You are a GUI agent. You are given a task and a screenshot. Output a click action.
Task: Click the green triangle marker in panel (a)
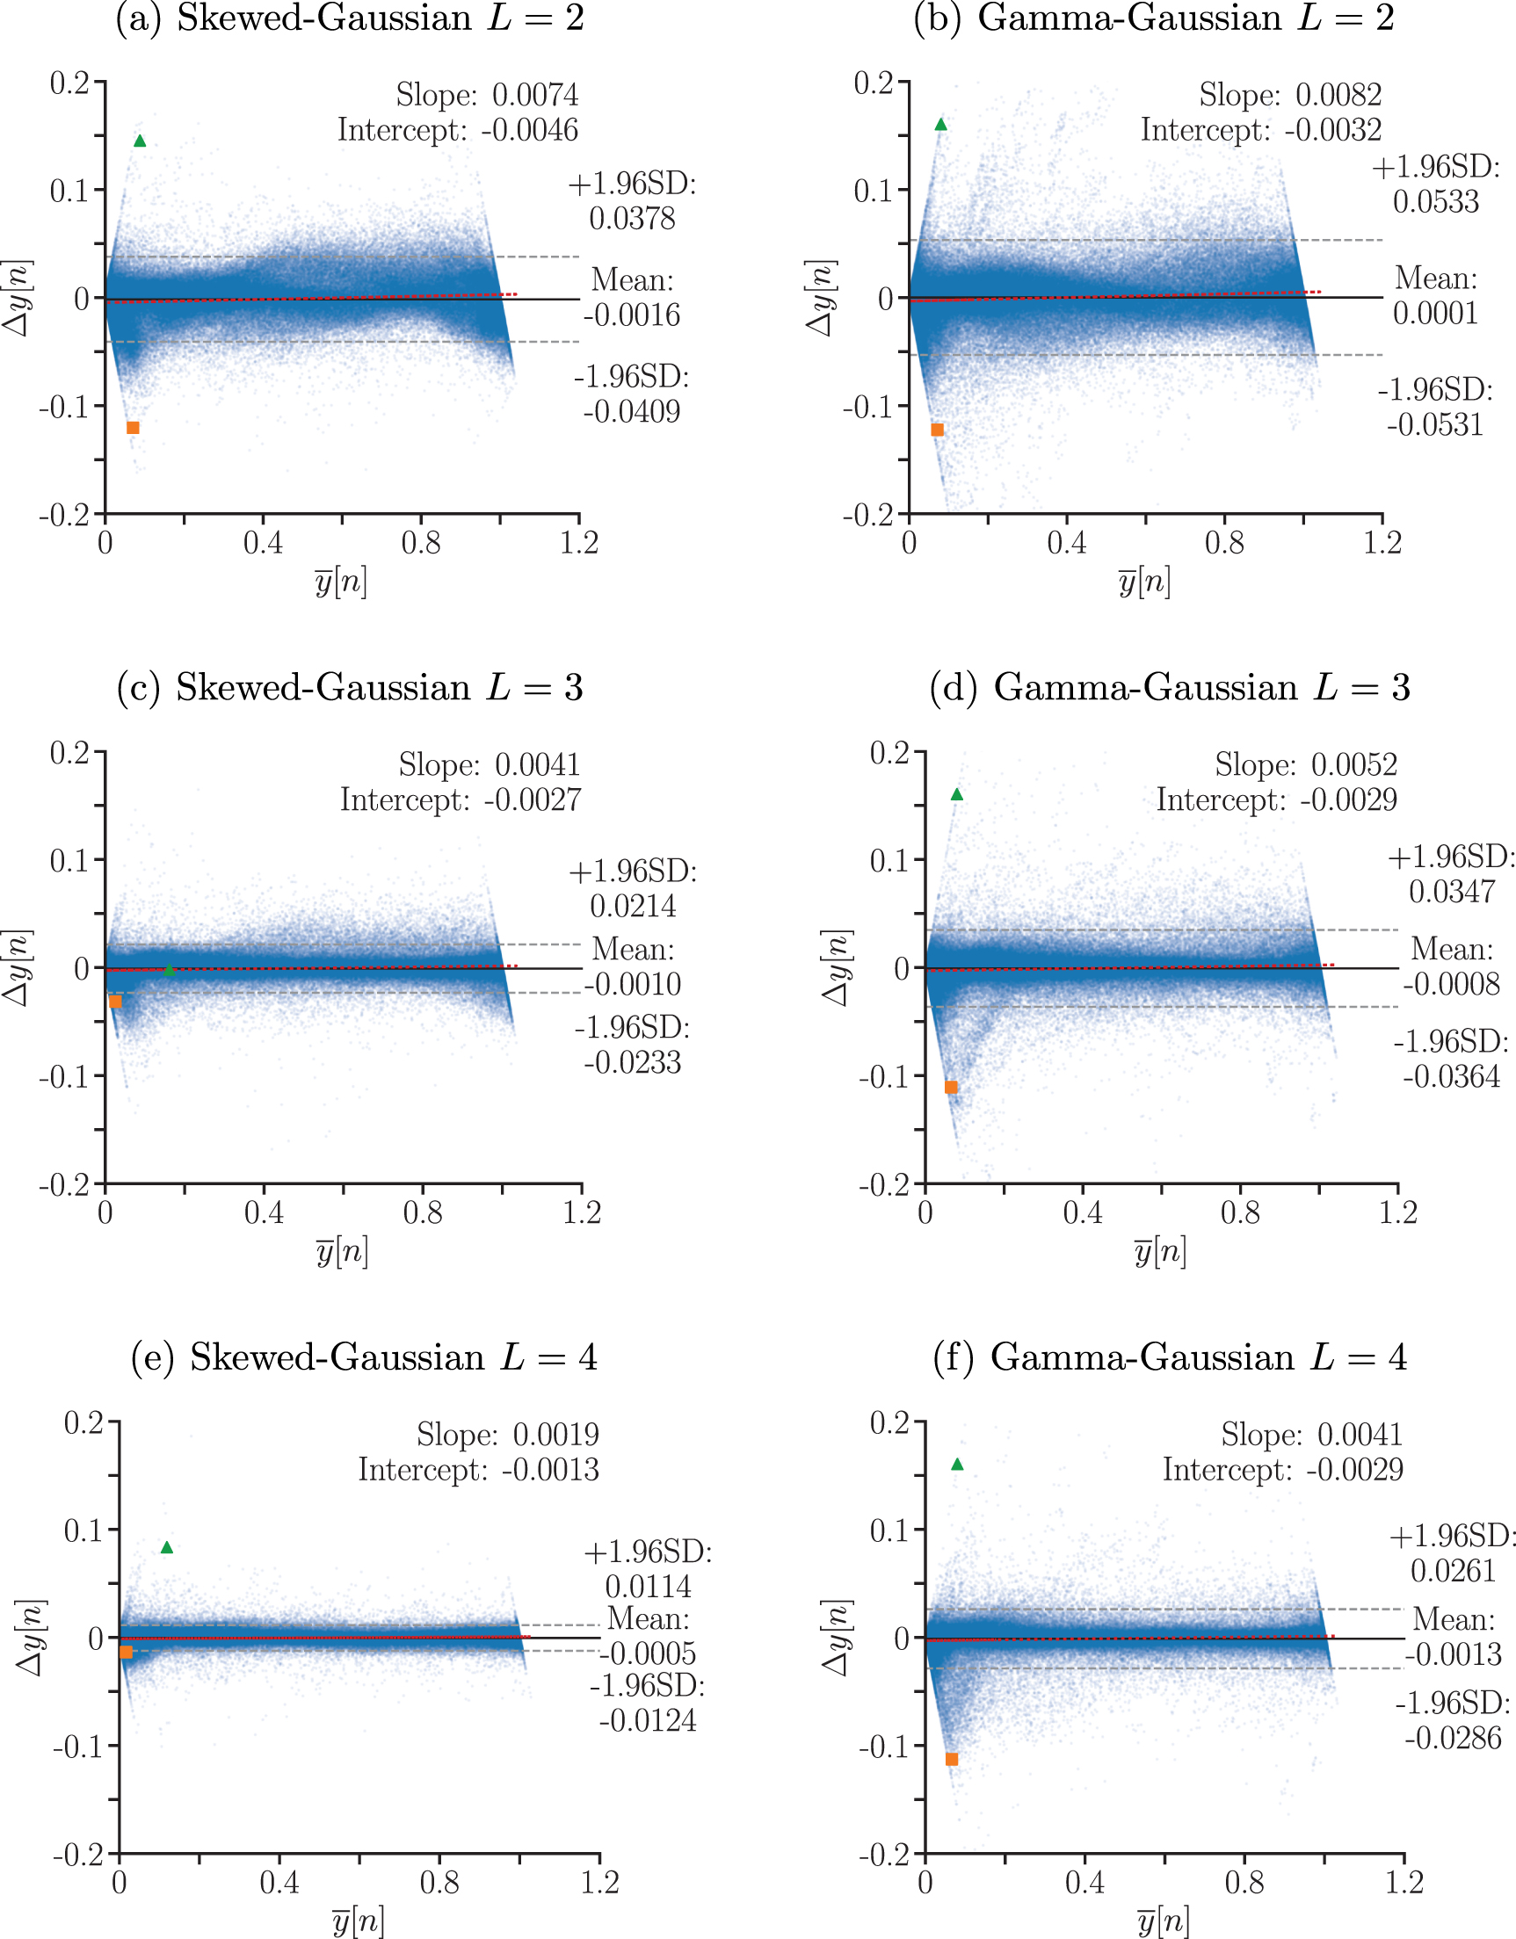tap(140, 141)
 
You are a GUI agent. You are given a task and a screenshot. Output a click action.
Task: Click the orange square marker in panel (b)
tap(937, 430)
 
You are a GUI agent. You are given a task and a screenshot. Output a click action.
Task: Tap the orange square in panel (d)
tap(951, 1088)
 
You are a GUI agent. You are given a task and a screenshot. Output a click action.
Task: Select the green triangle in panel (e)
tap(167, 1548)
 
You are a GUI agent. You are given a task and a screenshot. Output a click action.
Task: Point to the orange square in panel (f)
tap(952, 1760)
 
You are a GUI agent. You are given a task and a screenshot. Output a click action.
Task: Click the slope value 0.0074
tap(534, 95)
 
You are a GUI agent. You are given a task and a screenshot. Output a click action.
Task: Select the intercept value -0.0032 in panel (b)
tap(1332, 131)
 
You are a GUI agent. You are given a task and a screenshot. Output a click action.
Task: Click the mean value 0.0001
tap(1435, 314)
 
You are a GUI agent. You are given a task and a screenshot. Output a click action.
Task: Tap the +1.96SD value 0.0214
tap(633, 907)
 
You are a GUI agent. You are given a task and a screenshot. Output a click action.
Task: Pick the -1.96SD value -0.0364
tap(1451, 1077)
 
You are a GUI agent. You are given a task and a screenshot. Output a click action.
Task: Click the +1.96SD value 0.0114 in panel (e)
tap(648, 1587)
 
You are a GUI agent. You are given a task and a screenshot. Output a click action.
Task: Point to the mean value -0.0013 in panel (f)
tap(1453, 1655)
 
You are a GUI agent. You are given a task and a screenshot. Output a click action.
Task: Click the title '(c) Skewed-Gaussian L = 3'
tap(350, 688)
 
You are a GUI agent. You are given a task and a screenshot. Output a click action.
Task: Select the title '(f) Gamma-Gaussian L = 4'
tap(1170, 1357)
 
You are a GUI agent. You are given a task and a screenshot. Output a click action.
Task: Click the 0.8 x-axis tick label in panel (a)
tap(420, 543)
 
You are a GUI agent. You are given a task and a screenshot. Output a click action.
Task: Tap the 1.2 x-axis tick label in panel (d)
tap(1398, 1212)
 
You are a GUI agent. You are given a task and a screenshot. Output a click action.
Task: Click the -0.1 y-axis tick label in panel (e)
tap(78, 1747)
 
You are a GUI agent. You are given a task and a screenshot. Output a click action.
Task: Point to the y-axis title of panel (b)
tap(819, 299)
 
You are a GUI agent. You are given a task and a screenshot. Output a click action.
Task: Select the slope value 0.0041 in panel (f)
tap(1359, 1435)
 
